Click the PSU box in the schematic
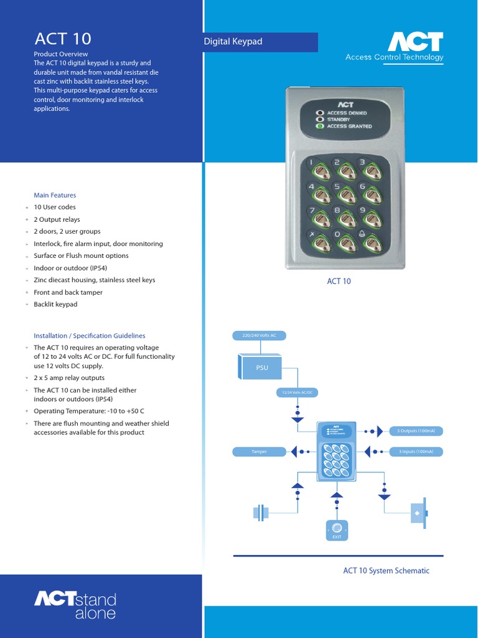[261, 368]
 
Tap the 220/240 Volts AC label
[259, 336]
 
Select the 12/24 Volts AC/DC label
[297, 393]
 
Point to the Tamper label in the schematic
[259, 452]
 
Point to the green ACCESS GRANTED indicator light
[321, 126]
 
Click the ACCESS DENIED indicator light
[321, 113]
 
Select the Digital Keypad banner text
[233, 42]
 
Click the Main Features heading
[55, 195]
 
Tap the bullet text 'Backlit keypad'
[55, 305]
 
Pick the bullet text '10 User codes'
[55, 207]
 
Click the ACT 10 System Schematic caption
[386, 571]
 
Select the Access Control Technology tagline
[395, 57]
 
